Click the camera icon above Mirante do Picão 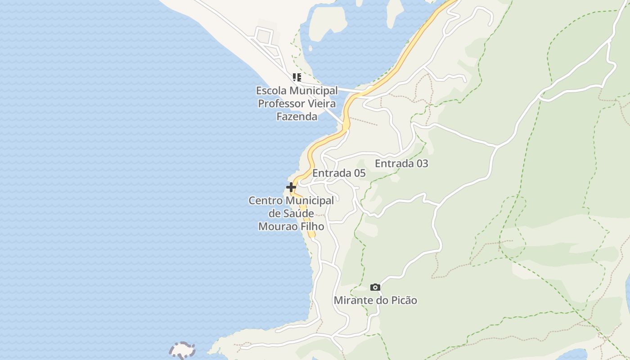pos(375,287)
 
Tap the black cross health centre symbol pos(291,187)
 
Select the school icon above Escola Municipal pos(297,77)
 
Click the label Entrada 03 pos(401,163)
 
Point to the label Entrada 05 pos(339,173)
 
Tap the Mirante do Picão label pos(375,300)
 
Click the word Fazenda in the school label pos(297,117)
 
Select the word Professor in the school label pos(280,103)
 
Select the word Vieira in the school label pos(321,103)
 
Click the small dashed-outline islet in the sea pos(182,350)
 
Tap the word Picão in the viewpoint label pos(404,300)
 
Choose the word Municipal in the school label pos(313,90)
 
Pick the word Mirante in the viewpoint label pos(351,300)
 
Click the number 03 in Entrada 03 pos(421,163)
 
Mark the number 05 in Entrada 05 pos(359,173)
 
